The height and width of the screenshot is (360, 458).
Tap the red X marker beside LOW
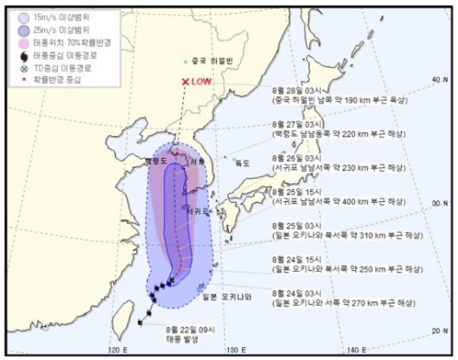[x=184, y=82]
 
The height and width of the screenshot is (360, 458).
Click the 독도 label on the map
[x=242, y=162]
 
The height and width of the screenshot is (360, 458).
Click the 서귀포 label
[x=195, y=210]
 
